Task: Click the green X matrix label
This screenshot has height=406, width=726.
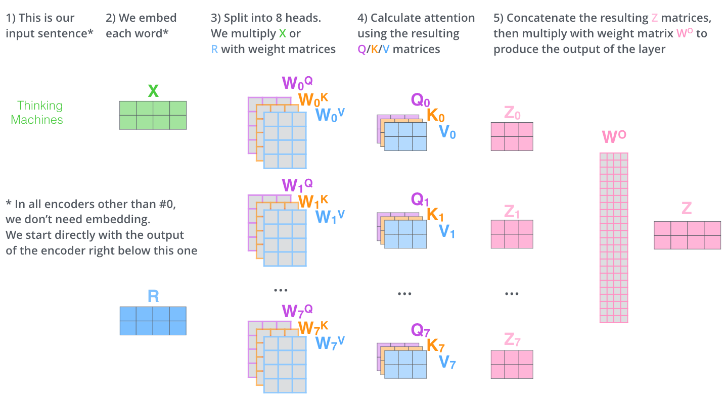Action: (153, 91)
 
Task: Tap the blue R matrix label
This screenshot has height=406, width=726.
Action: (153, 296)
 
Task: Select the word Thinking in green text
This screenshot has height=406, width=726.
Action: (40, 106)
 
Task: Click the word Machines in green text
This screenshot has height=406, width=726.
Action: (37, 120)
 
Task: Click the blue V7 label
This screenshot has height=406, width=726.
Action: (447, 362)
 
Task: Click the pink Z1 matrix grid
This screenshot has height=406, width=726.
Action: (512, 234)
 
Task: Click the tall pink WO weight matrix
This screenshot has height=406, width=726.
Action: (613, 237)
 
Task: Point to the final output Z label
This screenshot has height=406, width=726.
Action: (687, 209)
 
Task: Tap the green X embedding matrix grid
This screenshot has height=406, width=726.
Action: (153, 115)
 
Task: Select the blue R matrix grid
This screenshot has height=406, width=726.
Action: (153, 321)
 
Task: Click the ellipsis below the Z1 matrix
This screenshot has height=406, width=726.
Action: (512, 293)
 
